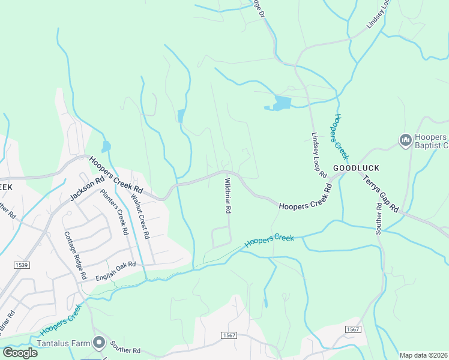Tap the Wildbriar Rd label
228,196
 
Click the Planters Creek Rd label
114,212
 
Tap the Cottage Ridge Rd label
72,256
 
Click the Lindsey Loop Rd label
318,155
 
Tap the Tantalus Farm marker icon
99,343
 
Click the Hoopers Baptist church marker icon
405,140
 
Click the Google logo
20,352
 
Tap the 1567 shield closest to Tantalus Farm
228,335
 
